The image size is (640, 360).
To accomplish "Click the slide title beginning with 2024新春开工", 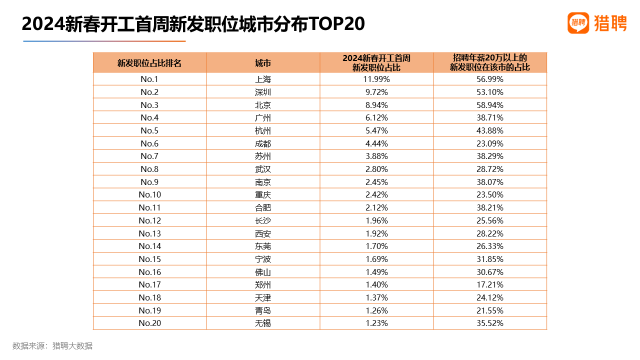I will (193, 23).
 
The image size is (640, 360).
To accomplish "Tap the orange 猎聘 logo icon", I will (578, 23).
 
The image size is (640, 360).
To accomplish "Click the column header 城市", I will (263, 63).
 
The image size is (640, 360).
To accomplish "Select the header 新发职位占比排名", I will (149, 63).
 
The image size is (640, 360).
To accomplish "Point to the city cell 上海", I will (263, 79).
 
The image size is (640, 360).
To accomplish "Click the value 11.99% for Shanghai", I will (376, 79).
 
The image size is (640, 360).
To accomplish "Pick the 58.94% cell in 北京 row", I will (489, 105).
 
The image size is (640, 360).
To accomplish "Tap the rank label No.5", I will (149, 130).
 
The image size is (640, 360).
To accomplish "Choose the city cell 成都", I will (263, 143).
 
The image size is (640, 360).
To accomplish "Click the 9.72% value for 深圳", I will (376, 92).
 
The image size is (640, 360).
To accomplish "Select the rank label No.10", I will (149, 194).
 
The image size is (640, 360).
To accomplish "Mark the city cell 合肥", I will (263, 207).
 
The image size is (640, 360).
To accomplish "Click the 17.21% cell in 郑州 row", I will (489, 284).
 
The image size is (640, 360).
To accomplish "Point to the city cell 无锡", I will (263, 323).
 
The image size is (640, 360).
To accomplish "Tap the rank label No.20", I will (149, 323).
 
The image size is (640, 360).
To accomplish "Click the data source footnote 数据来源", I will (52, 345).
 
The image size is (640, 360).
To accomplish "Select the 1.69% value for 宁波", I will (376, 259).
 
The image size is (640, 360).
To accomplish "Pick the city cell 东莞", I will (263, 246).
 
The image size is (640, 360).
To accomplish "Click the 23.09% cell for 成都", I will (489, 143).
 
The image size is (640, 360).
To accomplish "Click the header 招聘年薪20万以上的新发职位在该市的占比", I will (489, 62).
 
